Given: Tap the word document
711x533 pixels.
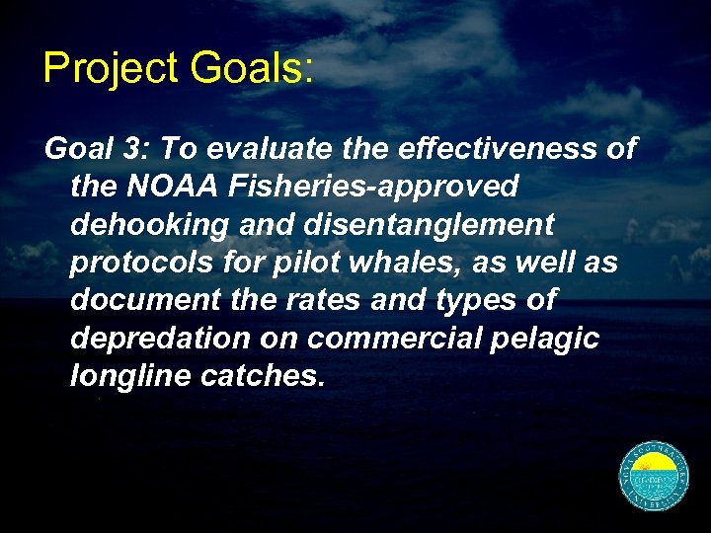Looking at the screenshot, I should (153, 299).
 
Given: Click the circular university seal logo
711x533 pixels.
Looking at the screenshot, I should (654, 477).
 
